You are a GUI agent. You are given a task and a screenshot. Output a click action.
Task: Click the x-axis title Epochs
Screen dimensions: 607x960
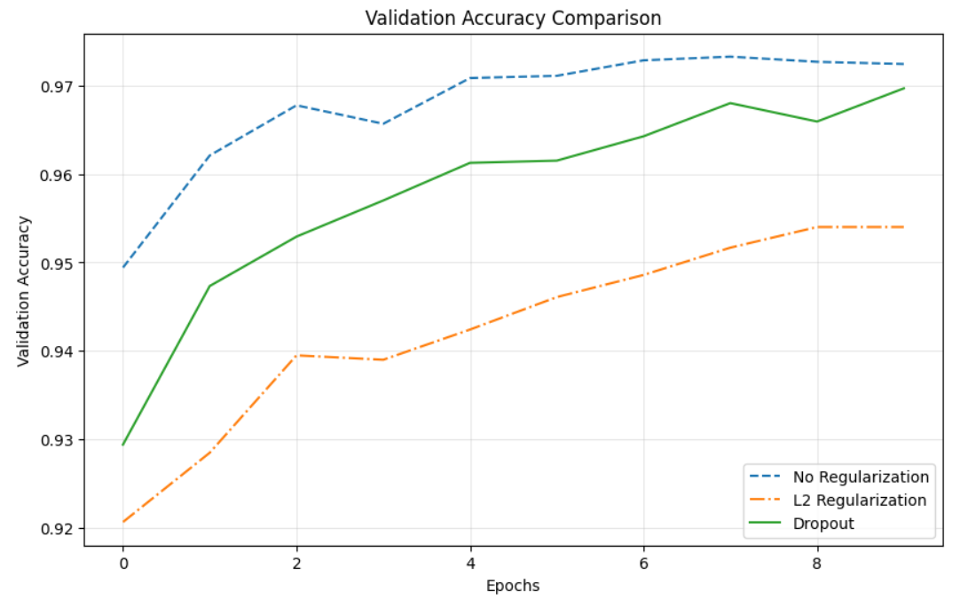click(x=513, y=586)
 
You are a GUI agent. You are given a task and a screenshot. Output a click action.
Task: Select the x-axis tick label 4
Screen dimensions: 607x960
click(x=469, y=563)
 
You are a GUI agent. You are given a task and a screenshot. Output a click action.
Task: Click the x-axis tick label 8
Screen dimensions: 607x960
click(x=817, y=563)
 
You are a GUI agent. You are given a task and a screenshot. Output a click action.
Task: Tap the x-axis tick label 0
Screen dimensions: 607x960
click(x=122, y=563)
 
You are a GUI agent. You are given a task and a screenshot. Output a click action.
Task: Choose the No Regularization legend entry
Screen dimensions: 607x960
click(x=861, y=477)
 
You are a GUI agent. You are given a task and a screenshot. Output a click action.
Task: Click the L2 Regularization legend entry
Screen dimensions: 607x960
click(x=859, y=501)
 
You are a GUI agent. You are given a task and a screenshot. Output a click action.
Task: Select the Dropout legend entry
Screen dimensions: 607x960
click(x=823, y=524)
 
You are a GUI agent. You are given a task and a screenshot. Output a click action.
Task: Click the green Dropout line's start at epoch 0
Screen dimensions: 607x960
click(x=122, y=445)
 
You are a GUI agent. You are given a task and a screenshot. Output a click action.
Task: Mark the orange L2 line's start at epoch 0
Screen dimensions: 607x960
click(x=122, y=522)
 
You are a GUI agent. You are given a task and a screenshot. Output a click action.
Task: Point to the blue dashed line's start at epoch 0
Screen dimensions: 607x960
click(x=122, y=267)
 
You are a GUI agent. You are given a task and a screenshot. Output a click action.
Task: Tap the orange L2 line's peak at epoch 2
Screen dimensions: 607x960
click(x=296, y=355)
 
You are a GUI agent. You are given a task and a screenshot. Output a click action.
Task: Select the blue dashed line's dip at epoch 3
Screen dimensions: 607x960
click(x=383, y=123)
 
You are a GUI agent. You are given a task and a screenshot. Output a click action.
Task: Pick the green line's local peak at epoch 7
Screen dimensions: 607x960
click(x=730, y=103)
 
